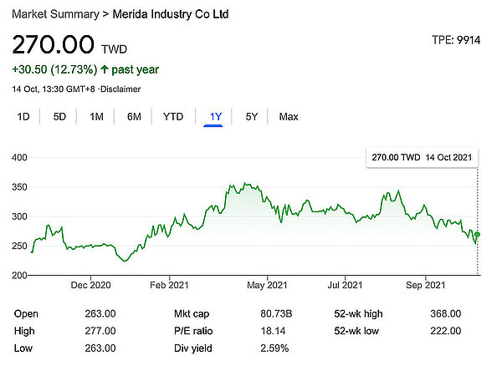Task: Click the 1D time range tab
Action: point(24,117)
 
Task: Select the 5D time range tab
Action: point(59,117)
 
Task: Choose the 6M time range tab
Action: point(134,117)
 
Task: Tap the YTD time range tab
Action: point(173,117)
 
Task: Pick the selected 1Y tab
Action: point(213,117)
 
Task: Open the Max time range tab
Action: point(289,117)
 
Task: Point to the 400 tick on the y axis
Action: point(20,158)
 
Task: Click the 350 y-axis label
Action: point(20,187)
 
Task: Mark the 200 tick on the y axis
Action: point(20,276)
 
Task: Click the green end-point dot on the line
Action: point(477,235)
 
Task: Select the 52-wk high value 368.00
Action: point(444,313)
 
